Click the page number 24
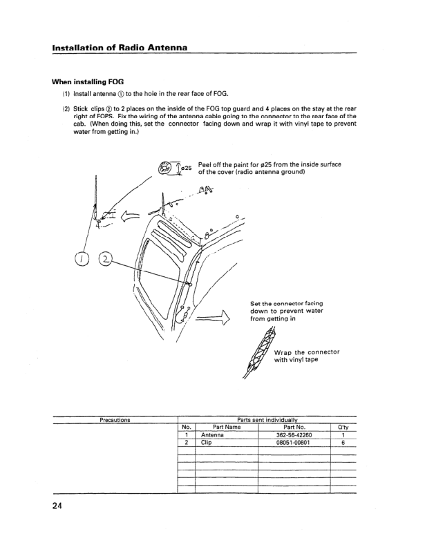click(57, 507)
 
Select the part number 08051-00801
click(295, 443)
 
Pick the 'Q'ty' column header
click(343, 428)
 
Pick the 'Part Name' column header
click(227, 428)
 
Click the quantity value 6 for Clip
click(343, 443)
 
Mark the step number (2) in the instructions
click(66, 108)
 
